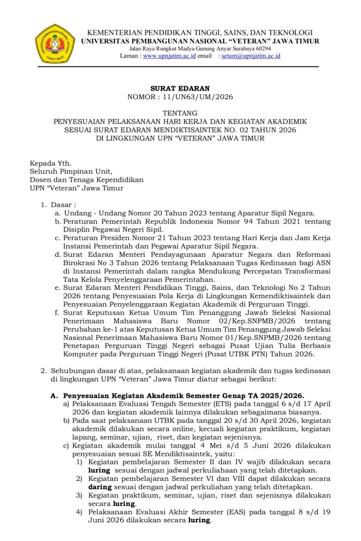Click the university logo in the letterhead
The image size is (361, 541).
tap(55, 44)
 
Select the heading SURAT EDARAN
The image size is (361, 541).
tap(180, 88)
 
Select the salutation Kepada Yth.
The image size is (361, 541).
tap(51, 163)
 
